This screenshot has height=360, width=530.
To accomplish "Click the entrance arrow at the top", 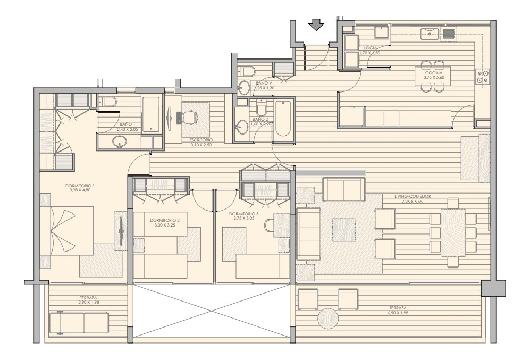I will pos(317,25).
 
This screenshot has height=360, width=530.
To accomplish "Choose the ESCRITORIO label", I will pos(200,140).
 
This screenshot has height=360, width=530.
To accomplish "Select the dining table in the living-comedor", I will pos(453,232).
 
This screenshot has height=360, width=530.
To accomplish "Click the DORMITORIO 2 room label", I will pos(165,220).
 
